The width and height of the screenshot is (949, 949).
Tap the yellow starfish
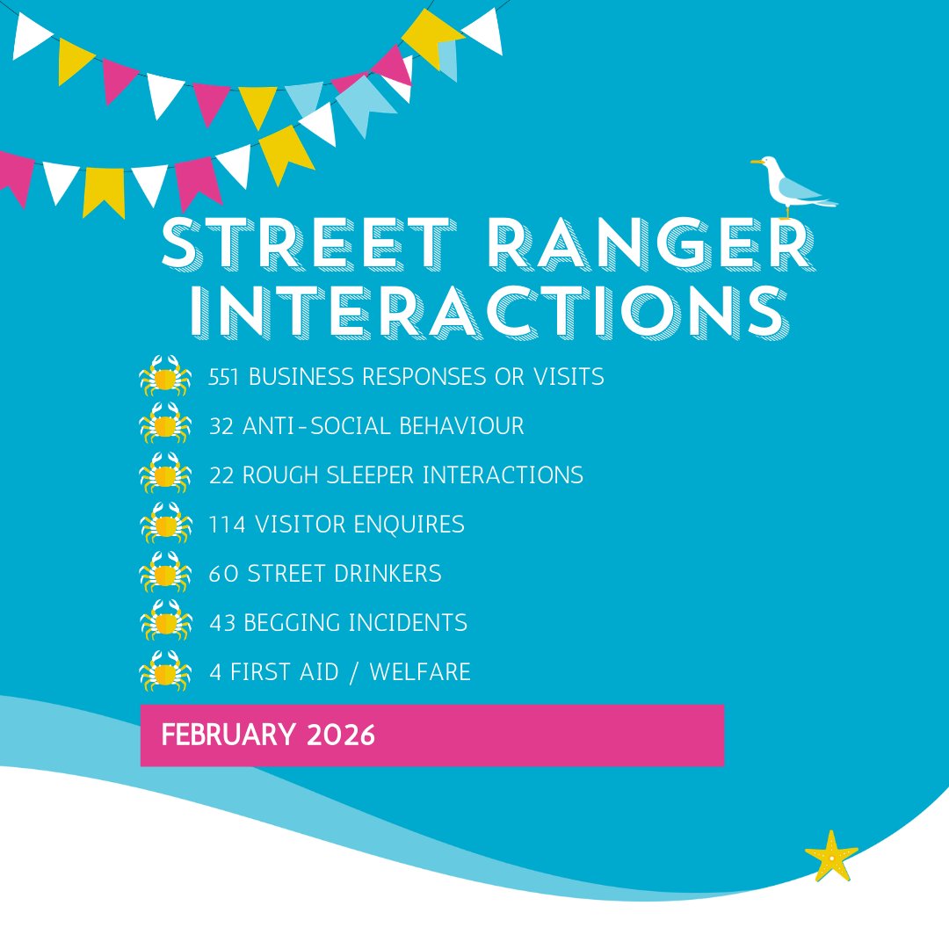pyautogui.click(x=830, y=854)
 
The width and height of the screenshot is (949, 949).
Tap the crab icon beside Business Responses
pyautogui.click(x=165, y=376)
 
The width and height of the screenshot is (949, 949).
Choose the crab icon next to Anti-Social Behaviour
pyautogui.click(x=165, y=425)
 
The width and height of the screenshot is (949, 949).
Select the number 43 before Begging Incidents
pyautogui.click(x=222, y=623)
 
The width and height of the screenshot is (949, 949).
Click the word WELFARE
pyautogui.click(x=420, y=672)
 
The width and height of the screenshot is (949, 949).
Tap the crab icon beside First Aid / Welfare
pyautogui.click(x=165, y=671)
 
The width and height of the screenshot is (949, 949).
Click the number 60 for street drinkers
pyautogui.click(x=223, y=574)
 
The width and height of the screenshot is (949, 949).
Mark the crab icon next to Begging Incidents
pyautogui.click(x=165, y=622)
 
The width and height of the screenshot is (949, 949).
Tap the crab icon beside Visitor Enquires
pyautogui.click(x=165, y=524)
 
